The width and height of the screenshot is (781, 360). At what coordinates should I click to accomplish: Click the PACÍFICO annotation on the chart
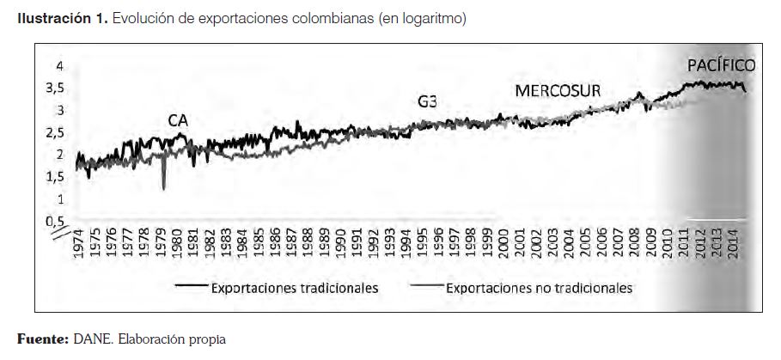721,65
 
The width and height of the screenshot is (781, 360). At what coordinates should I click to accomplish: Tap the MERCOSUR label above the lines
557,92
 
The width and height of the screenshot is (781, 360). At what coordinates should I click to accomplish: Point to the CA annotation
177,121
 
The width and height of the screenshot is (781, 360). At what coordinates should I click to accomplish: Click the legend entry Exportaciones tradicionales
295,288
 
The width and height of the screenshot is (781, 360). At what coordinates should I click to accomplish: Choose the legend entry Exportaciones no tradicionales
539,288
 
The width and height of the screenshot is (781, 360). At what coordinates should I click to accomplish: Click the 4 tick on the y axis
59,65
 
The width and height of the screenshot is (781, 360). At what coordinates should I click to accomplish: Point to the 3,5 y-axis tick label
53,88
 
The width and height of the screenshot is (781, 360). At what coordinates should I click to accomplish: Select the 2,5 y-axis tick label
53,132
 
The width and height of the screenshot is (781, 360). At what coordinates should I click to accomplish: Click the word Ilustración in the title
52,19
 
